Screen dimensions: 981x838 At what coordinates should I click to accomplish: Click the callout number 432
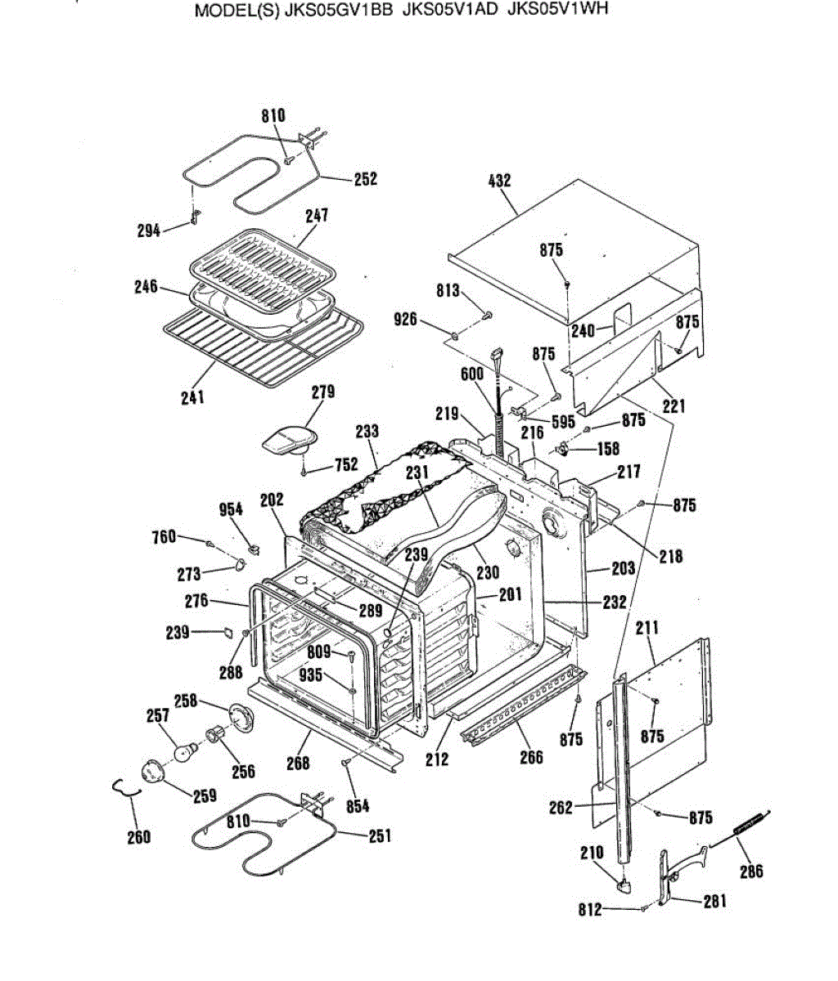pyautogui.click(x=499, y=180)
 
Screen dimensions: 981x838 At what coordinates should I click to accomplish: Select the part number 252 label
pyautogui.click(x=365, y=178)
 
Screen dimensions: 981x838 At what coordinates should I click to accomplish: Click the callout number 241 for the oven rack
pyautogui.click(x=193, y=397)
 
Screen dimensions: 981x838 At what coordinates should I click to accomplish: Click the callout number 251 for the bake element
pyautogui.click(x=379, y=835)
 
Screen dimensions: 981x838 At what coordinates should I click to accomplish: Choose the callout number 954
pyautogui.click(x=231, y=509)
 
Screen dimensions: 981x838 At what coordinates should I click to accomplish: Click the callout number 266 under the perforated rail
pyautogui.click(x=531, y=756)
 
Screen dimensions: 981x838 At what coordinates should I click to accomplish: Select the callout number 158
pyautogui.click(x=608, y=448)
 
